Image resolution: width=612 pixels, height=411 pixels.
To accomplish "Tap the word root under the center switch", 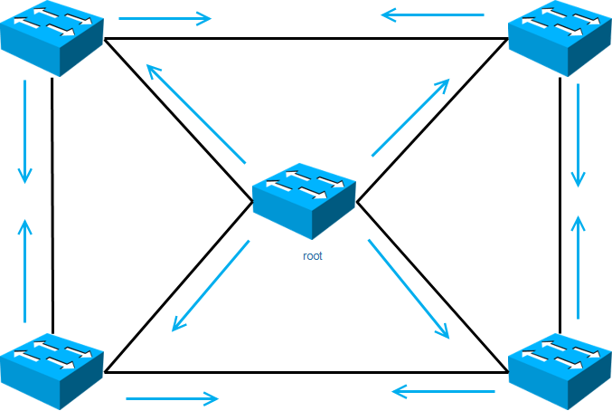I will coord(313,256).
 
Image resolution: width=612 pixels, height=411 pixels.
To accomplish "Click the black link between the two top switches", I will coord(305,39).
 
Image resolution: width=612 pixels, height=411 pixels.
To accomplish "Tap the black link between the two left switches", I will coord(52,204).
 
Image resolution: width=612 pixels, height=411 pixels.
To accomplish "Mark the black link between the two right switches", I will coord(560,204).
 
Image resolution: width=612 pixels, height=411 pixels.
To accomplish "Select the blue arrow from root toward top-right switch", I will coord(410,118).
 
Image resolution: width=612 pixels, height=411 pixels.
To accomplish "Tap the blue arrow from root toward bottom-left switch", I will coord(211,285).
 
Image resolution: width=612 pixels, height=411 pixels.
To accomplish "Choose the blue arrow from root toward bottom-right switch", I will coord(409,289).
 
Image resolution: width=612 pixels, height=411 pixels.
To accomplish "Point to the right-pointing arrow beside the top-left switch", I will coord(165,17).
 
